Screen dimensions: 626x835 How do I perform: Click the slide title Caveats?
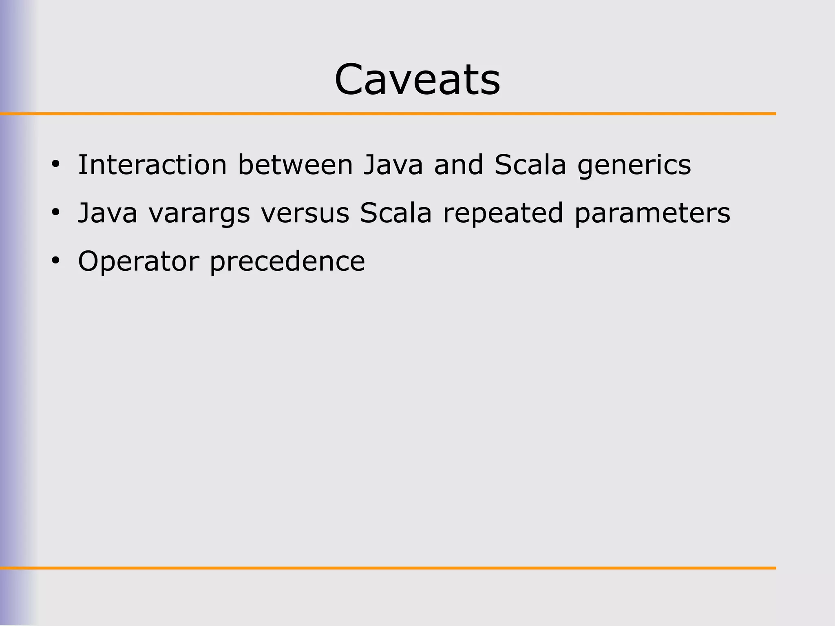pyautogui.click(x=417, y=79)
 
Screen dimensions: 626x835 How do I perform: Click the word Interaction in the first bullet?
pyautogui.click(x=152, y=165)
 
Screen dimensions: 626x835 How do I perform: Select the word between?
pyautogui.click(x=295, y=165)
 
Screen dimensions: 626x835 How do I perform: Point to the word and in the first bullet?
pyautogui.click(x=458, y=165)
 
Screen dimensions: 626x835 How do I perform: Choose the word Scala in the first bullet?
pyautogui.click(x=530, y=165)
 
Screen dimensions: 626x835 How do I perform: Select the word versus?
pyautogui.click(x=305, y=214)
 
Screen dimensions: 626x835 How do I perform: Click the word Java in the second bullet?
pyautogui.click(x=107, y=213)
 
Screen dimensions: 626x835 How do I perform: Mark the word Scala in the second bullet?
pyautogui.click(x=395, y=213)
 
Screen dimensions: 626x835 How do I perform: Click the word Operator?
pyautogui.click(x=139, y=262)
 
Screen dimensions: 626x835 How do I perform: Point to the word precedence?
pyautogui.click(x=287, y=262)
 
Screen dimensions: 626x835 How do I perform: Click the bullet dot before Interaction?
pyautogui.click(x=55, y=165)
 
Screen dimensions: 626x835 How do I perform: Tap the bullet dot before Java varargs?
pyautogui.click(x=55, y=213)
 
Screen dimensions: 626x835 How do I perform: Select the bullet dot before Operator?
pyautogui.click(x=55, y=260)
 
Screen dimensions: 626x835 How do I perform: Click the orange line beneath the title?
pyautogui.click(x=387, y=113)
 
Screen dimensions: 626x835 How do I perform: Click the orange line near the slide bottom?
pyautogui.click(x=387, y=568)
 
